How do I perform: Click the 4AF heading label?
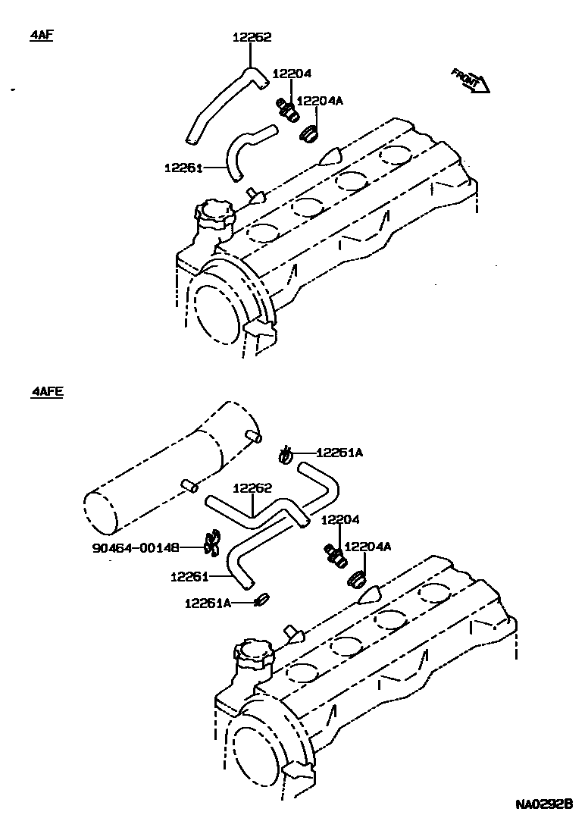[41, 36]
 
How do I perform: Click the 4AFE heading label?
[47, 392]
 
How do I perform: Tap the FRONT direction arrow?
[471, 79]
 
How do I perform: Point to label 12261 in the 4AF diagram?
[183, 168]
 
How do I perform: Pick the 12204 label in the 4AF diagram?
[292, 74]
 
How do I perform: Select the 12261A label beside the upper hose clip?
[339, 453]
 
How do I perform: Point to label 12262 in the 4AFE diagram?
[252, 489]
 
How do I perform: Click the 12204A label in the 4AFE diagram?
[367, 546]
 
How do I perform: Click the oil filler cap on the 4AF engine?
[213, 215]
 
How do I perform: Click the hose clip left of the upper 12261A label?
[286, 455]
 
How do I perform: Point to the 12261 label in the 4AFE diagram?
[189, 577]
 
